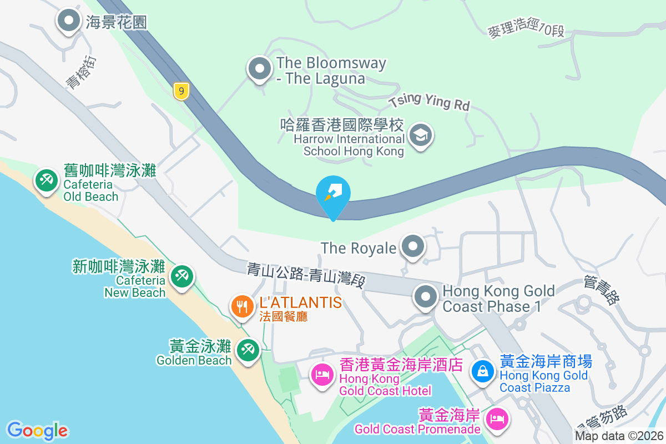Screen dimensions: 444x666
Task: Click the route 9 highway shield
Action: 181,91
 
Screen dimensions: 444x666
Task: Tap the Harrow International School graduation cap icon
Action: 421,135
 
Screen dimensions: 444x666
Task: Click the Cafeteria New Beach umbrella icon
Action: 181,275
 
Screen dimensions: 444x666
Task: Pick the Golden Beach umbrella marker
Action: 246,350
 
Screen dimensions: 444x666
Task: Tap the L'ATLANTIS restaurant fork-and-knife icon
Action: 242,306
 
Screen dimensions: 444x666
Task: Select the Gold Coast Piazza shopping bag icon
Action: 483,370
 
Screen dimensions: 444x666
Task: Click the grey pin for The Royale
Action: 412,245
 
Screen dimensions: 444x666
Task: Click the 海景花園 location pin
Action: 69,21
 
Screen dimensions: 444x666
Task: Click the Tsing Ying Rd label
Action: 429,102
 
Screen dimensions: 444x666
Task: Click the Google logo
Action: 37,431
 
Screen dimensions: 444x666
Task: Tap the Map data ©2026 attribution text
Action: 619,436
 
